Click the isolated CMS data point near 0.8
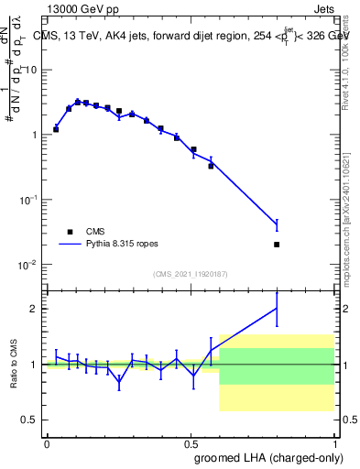277,245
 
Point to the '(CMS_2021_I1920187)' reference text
191,274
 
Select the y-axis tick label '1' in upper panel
34,135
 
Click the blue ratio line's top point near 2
277,309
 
